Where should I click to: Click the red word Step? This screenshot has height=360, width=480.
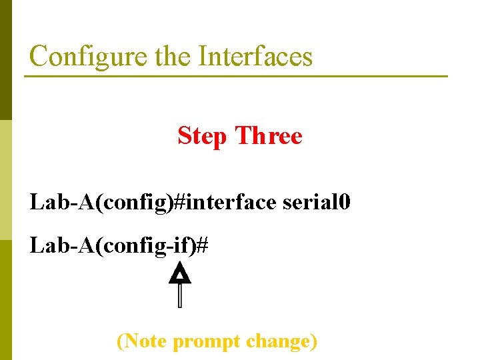point(203,137)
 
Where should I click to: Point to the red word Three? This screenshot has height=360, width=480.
point(269,136)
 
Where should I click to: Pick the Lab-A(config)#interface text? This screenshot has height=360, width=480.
point(153,202)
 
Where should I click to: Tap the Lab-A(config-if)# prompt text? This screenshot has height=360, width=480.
point(119,246)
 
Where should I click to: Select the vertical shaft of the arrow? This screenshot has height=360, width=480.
point(180,295)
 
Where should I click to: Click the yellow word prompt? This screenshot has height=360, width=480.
point(207,342)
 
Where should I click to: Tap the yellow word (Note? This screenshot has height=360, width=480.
point(142,341)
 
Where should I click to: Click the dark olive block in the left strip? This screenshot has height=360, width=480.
point(5,60)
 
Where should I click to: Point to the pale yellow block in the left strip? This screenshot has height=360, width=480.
point(5,180)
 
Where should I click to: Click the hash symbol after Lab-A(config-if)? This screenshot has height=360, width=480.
point(203,246)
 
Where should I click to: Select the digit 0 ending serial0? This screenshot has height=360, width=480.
point(343,201)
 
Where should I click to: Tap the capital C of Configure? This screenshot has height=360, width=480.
point(38,56)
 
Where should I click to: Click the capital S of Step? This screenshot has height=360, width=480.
point(185,136)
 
